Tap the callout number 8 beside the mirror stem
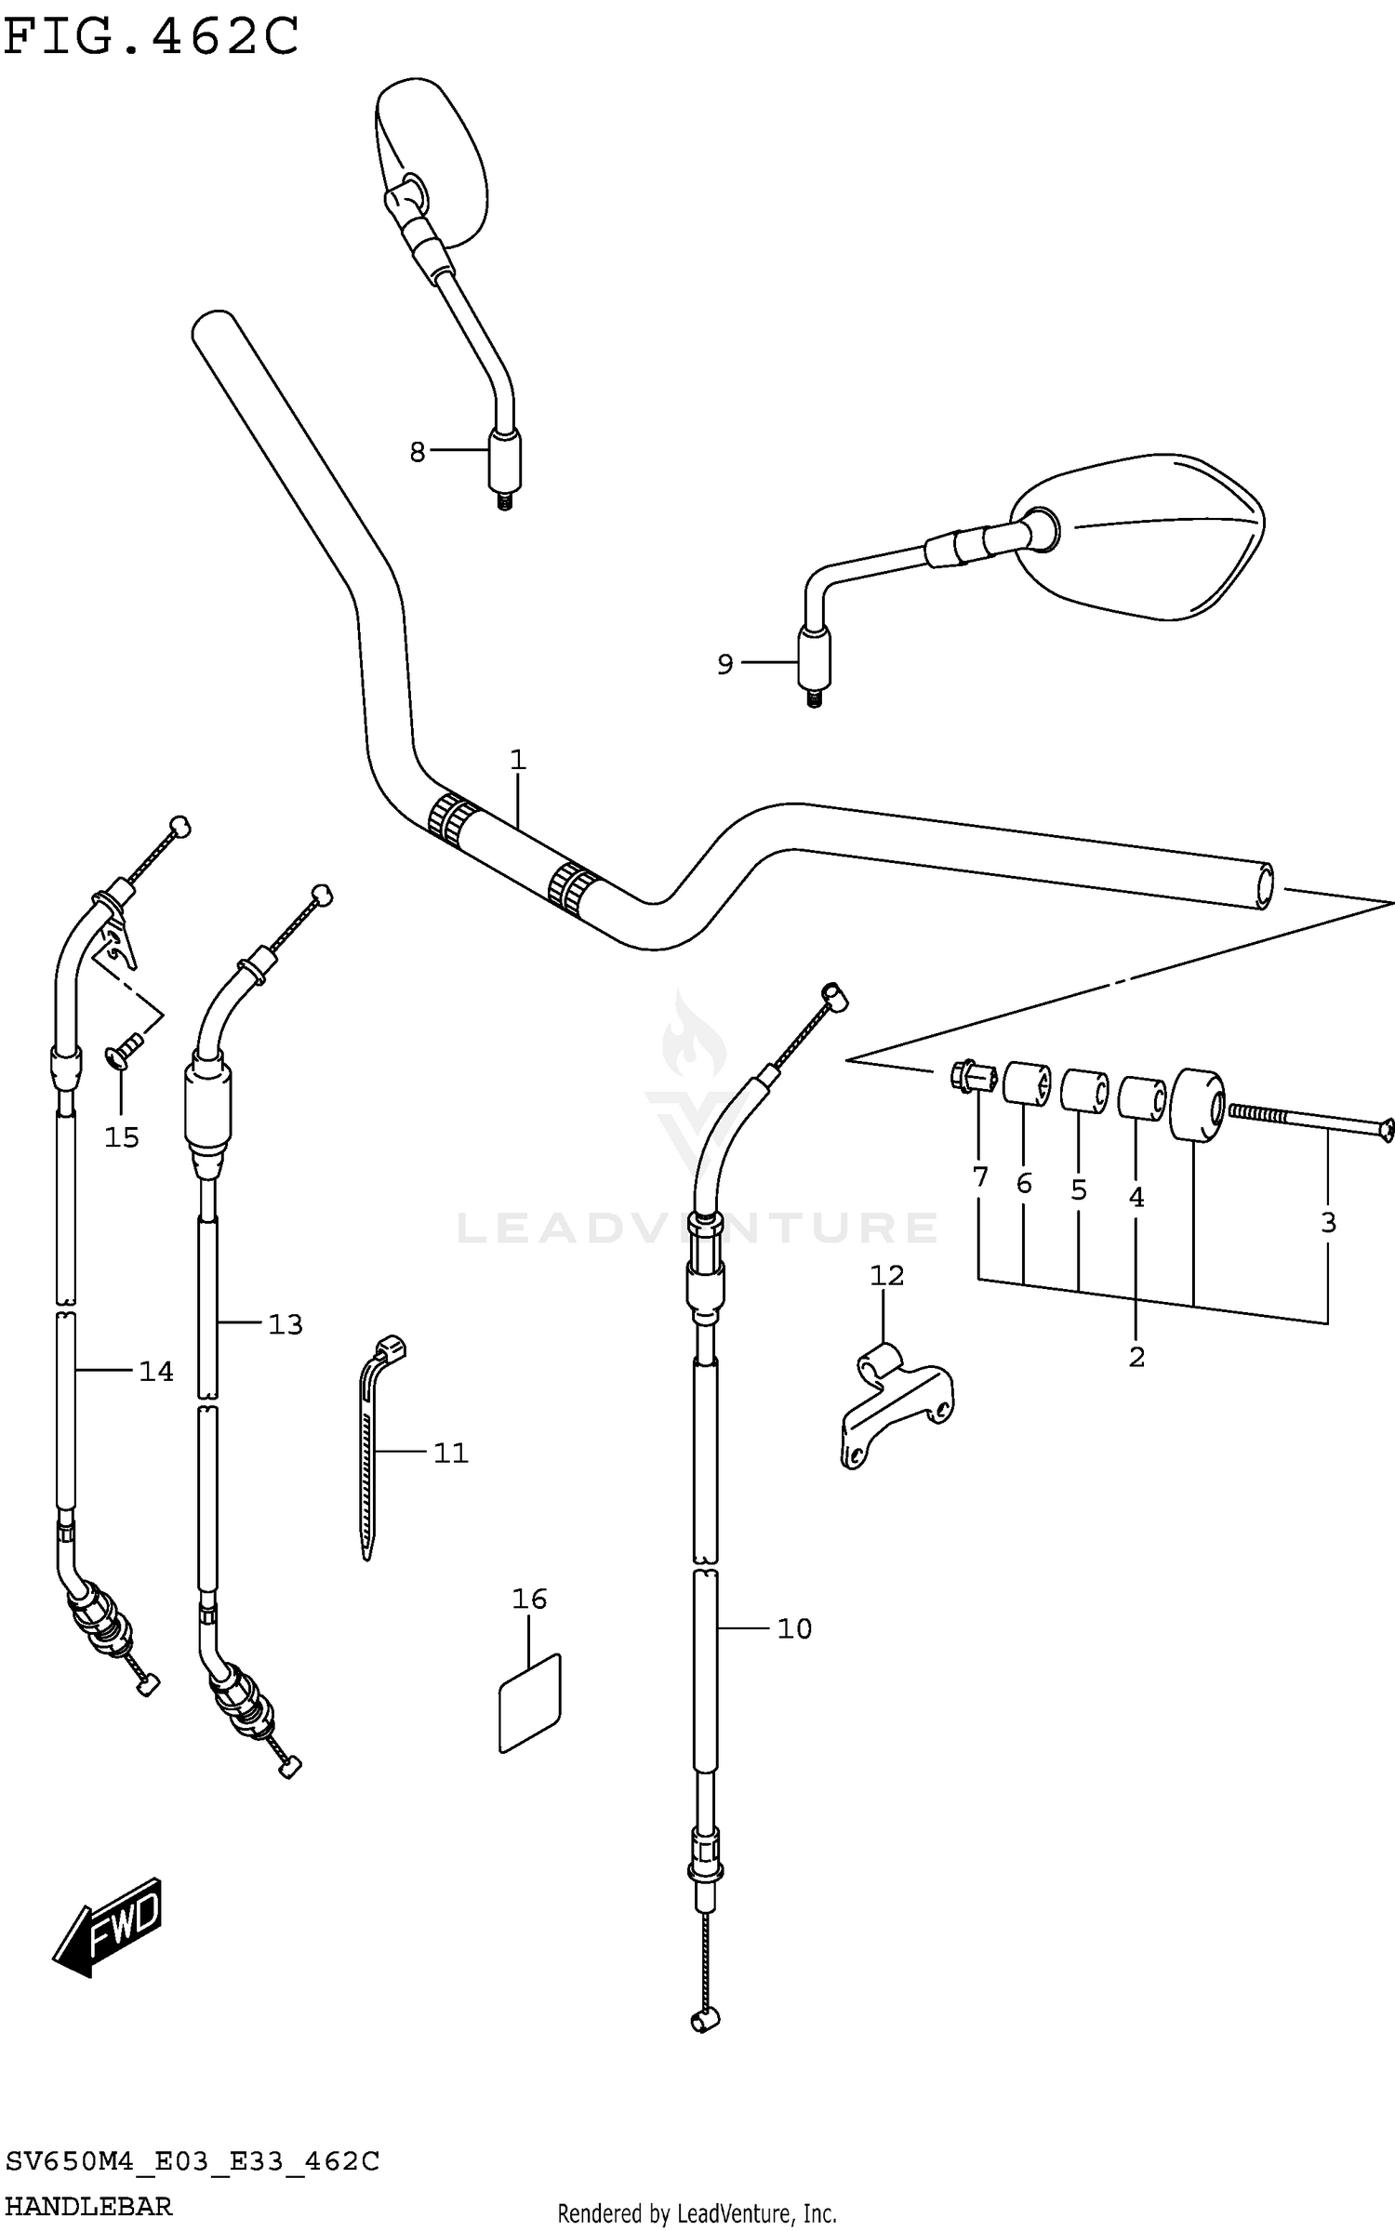click(x=417, y=452)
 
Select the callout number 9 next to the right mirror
click(x=724, y=664)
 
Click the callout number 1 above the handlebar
click(x=518, y=760)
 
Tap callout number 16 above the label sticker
click(x=529, y=1599)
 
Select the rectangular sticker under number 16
click(x=531, y=1701)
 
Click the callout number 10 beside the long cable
click(x=794, y=1628)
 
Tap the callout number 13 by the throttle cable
click(x=285, y=1324)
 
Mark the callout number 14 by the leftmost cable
click(x=155, y=1371)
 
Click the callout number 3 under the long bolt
click(x=1328, y=1222)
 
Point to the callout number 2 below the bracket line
click(x=1136, y=1357)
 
